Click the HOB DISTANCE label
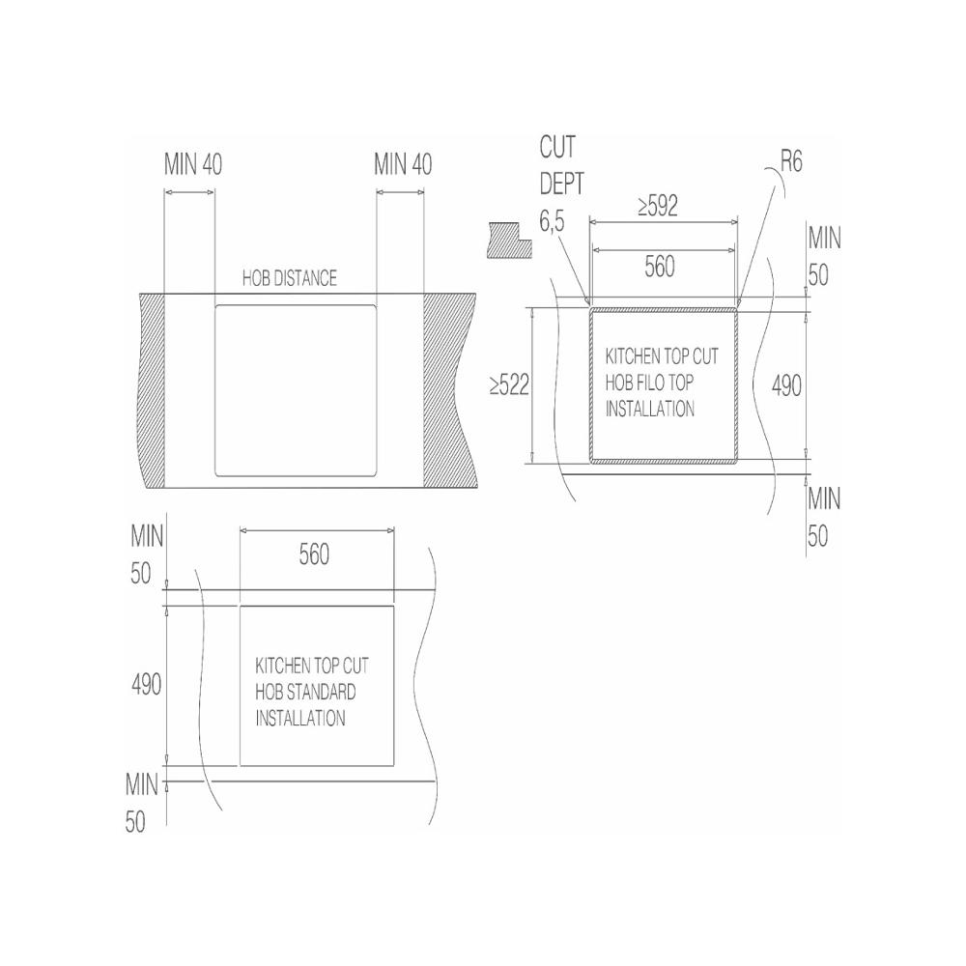(x=290, y=278)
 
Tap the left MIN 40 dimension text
(x=193, y=164)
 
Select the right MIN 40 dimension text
(x=403, y=164)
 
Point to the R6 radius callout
(x=792, y=161)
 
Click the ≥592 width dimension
(x=658, y=206)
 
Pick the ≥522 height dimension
(x=509, y=385)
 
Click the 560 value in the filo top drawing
(x=660, y=267)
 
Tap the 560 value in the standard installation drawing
(x=314, y=554)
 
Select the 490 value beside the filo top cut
(x=786, y=386)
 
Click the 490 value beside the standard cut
(x=147, y=685)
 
